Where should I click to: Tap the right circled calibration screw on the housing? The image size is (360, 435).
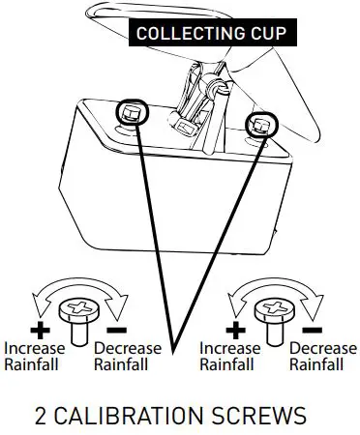click(x=260, y=124)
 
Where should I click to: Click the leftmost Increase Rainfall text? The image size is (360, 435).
click(x=34, y=356)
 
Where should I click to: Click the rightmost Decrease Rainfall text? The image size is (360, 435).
click(x=323, y=356)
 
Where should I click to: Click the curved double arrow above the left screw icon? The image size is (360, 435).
click(x=75, y=288)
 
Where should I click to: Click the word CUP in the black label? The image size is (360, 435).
click(x=269, y=33)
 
